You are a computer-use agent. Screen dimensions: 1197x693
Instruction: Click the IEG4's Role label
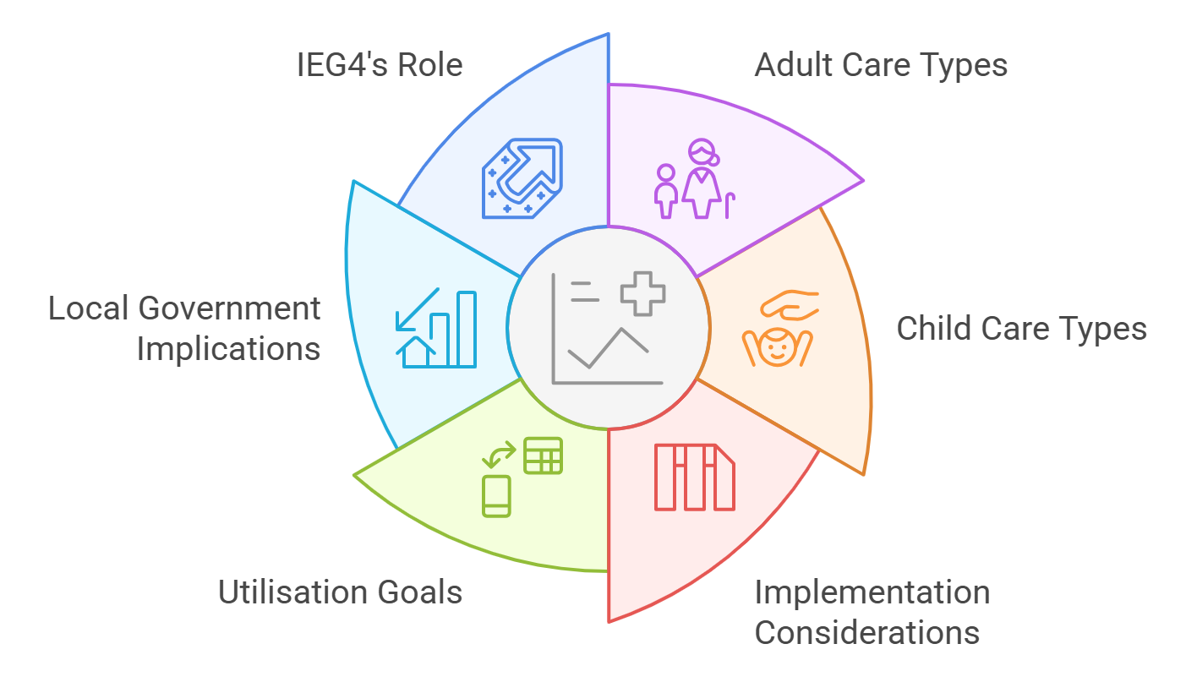[x=380, y=65]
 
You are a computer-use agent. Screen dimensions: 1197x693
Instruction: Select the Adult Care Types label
[x=881, y=65]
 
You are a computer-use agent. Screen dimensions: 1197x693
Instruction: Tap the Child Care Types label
[x=1022, y=328]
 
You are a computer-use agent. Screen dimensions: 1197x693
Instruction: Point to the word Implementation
[x=872, y=592]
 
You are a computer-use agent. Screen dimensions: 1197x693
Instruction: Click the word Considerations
[x=866, y=633]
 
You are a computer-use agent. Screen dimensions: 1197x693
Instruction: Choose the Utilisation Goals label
[x=340, y=592]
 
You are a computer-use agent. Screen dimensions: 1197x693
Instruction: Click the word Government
[x=229, y=308]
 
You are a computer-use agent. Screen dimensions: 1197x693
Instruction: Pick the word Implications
[x=228, y=349]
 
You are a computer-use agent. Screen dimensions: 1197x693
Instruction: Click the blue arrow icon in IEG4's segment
[x=530, y=168]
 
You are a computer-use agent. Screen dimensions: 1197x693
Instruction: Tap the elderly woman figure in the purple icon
[x=702, y=178]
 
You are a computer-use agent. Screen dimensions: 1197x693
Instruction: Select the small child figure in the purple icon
[x=666, y=191]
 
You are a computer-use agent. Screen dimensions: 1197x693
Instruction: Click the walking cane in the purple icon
[x=730, y=205]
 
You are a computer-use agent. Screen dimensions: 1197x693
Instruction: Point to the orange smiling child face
[x=778, y=347]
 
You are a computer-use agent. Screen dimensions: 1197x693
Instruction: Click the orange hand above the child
[x=790, y=305]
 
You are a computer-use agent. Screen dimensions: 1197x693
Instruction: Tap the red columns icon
[x=695, y=477]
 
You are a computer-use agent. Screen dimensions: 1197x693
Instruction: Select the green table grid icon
[x=543, y=456]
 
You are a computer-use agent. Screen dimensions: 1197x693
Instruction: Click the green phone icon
[x=496, y=496]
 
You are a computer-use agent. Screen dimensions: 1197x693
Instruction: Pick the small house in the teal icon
[x=416, y=352]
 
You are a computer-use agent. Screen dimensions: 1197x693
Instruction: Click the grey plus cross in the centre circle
[x=642, y=294]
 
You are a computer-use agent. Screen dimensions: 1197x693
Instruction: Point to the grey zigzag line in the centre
[x=608, y=348]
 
